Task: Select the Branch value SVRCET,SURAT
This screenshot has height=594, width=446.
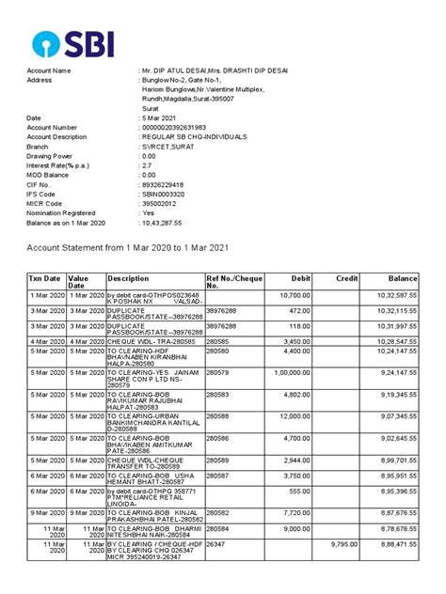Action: point(167,147)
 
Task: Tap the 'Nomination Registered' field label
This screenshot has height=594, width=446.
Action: point(62,213)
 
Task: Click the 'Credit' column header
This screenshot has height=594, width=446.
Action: point(347,279)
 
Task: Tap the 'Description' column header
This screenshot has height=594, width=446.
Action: point(128,279)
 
